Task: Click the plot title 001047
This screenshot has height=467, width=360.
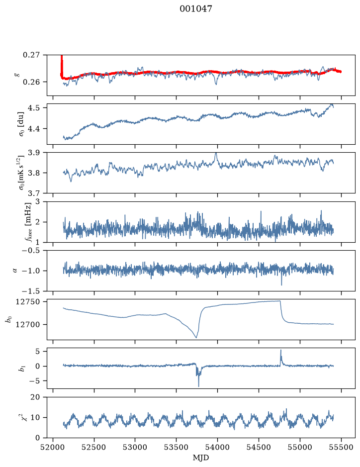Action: tap(195, 8)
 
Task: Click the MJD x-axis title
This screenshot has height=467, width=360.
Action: tap(201, 458)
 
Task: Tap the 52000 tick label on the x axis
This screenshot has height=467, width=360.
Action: tap(53, 447)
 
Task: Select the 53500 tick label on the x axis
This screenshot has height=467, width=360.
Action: tap(177, 447)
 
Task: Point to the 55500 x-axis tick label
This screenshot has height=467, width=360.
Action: tap(341, 447)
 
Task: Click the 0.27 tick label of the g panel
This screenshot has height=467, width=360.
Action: tap(31, 55)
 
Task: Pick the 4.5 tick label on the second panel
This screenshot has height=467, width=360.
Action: tap(34, 107)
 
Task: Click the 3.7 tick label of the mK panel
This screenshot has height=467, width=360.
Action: tap(34, 193)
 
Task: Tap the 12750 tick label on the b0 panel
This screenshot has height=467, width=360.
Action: tap(27, 302)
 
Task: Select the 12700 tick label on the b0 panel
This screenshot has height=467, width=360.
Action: tap(27, 324)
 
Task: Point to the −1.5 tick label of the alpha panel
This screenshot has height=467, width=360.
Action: tap(31, 291)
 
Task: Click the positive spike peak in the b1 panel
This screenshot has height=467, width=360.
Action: tap(280, 350)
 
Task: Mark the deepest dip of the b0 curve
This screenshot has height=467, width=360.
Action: tap(196, 337)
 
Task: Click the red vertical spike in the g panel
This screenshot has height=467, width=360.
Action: tap(62, 66)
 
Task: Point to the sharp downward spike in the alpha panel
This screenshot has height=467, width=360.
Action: tap(281, 285)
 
